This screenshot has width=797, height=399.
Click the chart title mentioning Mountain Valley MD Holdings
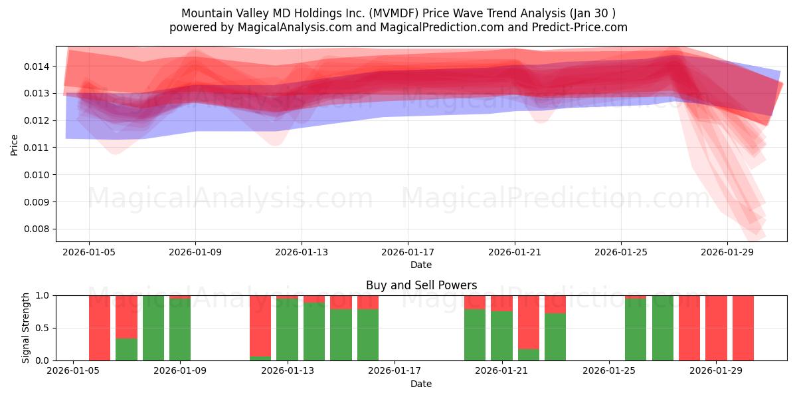[x=398, y=13]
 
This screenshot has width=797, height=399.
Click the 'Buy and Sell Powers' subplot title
[x=421, y=285]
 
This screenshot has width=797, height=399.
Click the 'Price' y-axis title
[x=15, y=144]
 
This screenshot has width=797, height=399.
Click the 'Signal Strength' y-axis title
[x=26, y=328]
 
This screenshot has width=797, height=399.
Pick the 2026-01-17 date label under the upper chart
[x=407, y=253]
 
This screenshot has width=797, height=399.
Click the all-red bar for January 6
[x=100, y=328]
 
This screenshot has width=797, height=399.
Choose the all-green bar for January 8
[x=153, y=328]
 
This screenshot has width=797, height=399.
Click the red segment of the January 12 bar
[x=260, y=325]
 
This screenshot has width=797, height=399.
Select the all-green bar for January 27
[x=662, y=328]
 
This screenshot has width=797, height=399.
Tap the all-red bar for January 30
[x=743, y=328]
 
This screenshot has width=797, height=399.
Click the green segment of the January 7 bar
[x=126, y=349]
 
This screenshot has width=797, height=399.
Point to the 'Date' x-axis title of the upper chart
[x=420, y=265]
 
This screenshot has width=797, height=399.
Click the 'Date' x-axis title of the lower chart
[x=420, y=384]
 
